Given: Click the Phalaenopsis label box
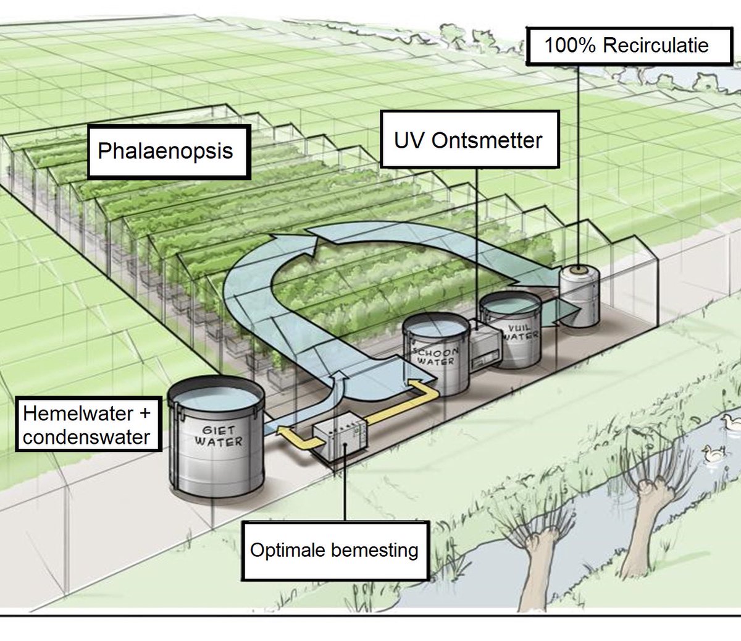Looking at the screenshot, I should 165,151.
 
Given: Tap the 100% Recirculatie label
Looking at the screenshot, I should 626,45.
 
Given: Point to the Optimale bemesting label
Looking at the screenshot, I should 334,550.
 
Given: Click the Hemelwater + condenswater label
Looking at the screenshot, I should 86,425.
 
